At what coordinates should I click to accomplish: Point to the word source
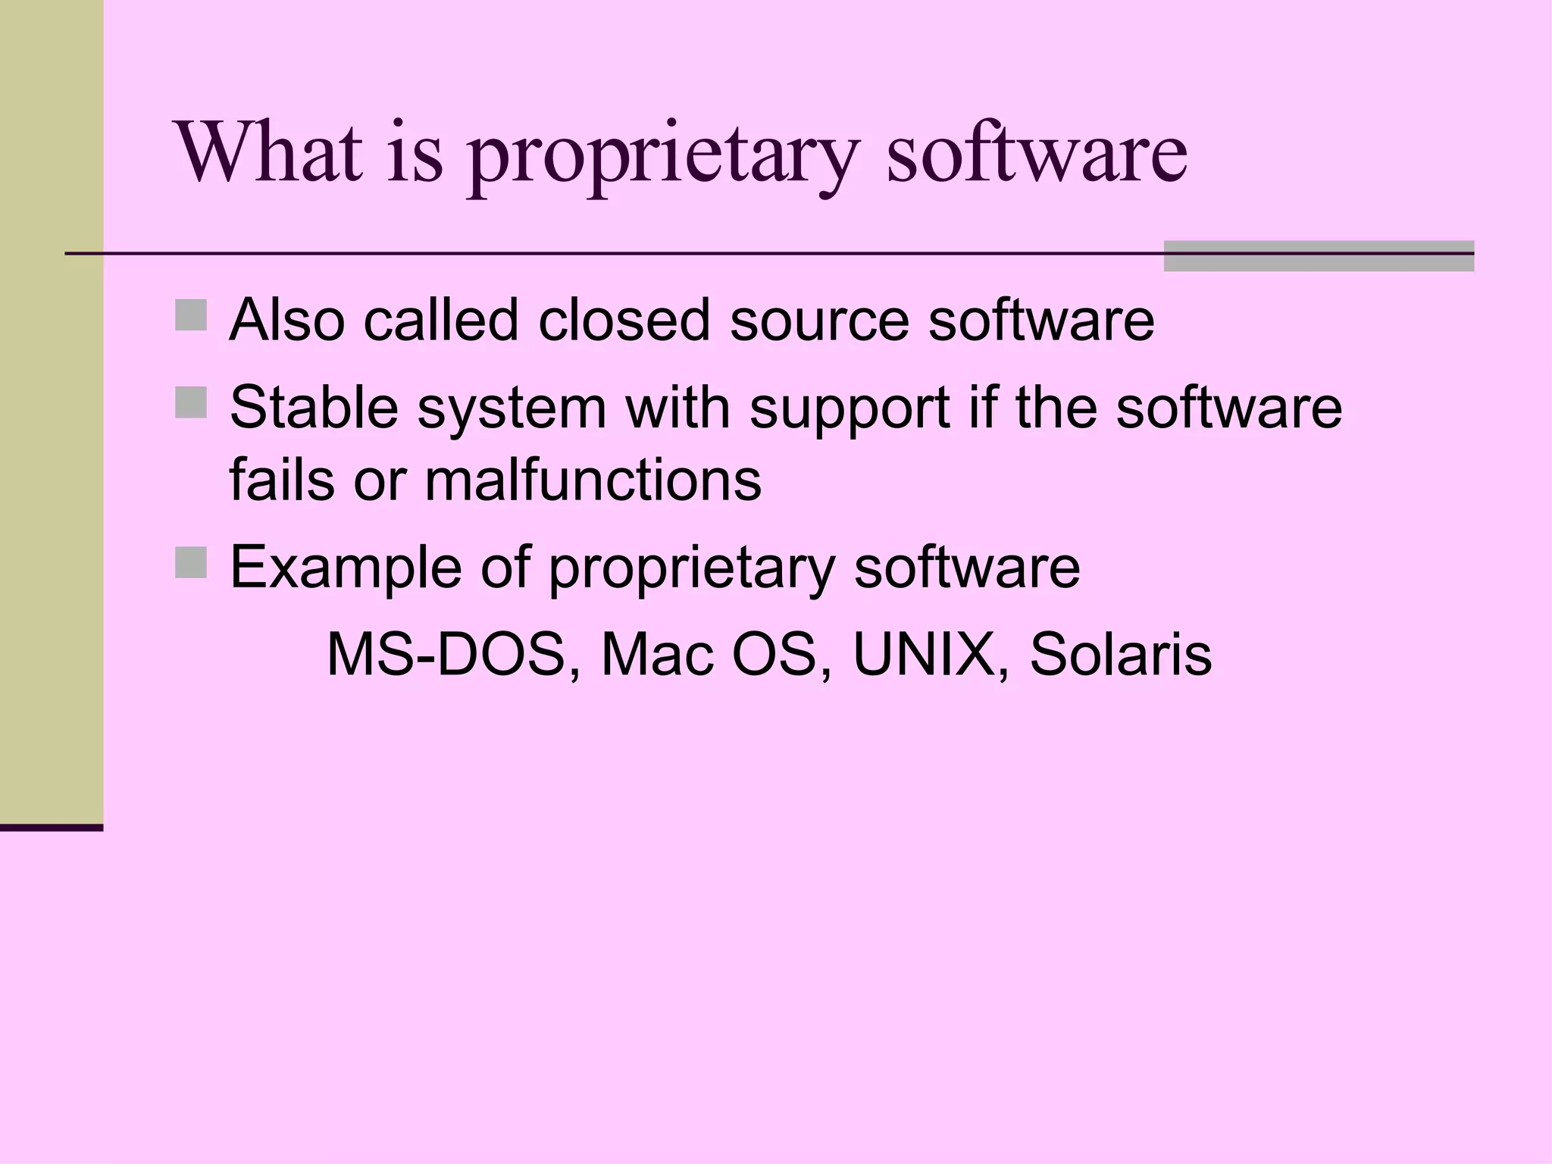pyautogui.click(x=819, y=321)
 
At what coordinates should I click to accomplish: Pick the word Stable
pyautogui.click(x=314, y=408)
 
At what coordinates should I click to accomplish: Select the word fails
pyautogui.click(x=281, y=480)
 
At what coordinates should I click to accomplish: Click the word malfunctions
pyautogui.click(x=593, y=480)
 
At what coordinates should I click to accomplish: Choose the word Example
pyautogui.click(x=346, y=568)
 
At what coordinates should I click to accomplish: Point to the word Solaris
pyautogui.click(x=1120, y=655)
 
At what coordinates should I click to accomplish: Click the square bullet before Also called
pyautogui.click(x=191, y=315)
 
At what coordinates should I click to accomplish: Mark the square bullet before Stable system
pyautogui.click(x=191, y=403)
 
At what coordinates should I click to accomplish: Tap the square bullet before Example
pyautogui.click(x=191, y=563)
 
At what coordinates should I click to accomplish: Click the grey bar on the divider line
pyautogui.click(x=1319, y=256)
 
